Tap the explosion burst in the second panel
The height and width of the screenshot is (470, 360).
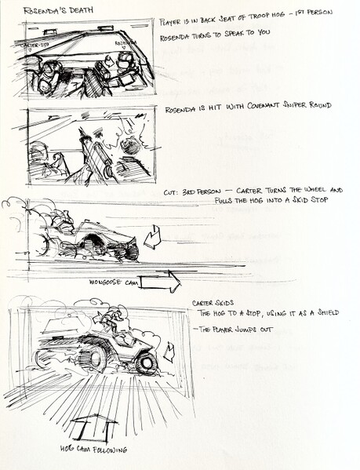click(130, 146)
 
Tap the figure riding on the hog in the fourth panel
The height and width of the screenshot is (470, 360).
click(115, 319)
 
